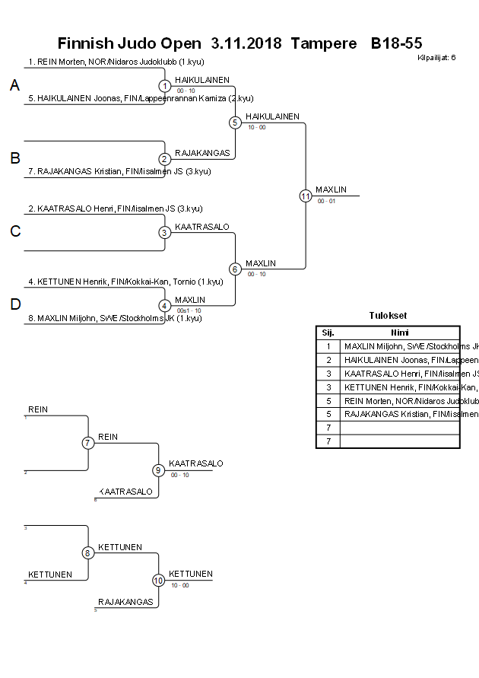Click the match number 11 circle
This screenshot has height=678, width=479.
pyautogui.click(x=306, y=196)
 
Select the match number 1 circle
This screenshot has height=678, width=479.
pyautogui.click(x=164, y=86)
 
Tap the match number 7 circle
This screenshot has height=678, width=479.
pyautogui.click(x=88, y=443)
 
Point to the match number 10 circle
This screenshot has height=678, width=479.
pyautogui.click(x=159, y=581)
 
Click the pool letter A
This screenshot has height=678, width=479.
pyautogui.click(x=14, y=87)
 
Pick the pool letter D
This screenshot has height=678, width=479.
pyautogui.click(x=14, y=305)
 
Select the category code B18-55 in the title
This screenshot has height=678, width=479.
pyautogui.click(x=396, y=43)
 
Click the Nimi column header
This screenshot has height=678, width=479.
pyautogui.click(x=400, y=333)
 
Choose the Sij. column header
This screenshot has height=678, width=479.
pyautogui.click(x=328, y=333)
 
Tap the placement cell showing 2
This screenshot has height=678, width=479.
pyautogui.click(x=328, y=360)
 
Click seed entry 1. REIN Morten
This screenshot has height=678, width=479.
pyautogui.click(x=116, y=62)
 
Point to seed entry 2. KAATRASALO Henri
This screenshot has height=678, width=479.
pyautogui.click(x=116, y=208)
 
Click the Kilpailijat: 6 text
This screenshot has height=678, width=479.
pyautogui.click(x=437, y=58)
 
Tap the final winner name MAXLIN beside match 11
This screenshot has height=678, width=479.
pyautogui.click(x=331, y=189)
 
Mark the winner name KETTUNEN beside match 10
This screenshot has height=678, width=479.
pyautogui.click(x=190, y=575)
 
